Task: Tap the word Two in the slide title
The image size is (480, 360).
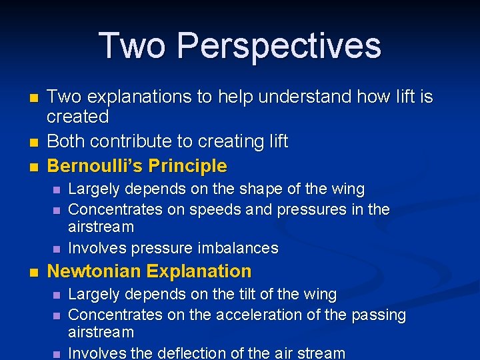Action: tap(133, 45)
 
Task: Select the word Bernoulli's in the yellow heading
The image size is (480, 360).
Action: tap(95, 165)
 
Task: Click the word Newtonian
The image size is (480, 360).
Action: tap(94, 271)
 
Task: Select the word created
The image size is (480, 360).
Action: tap(77, 117)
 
